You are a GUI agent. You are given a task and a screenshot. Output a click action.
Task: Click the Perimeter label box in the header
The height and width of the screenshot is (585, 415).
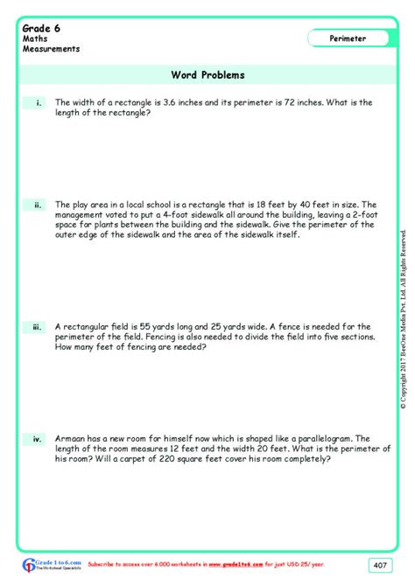click(348, 38)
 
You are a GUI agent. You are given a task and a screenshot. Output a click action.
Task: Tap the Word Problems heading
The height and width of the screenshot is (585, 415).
click(208, 75)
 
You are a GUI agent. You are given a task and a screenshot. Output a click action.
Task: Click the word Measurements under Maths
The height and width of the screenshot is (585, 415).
click(51, 49)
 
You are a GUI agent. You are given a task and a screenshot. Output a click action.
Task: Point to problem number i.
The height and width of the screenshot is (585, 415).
click(39, 103)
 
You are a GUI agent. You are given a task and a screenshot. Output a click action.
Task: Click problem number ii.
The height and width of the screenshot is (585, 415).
click(39, 205)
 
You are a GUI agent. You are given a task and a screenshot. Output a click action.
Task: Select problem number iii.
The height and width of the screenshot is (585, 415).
click(38, 328)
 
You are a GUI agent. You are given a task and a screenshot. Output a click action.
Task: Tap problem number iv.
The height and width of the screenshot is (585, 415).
click(38, 439)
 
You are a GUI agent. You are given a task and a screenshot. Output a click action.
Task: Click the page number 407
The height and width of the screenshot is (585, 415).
click(379, 564)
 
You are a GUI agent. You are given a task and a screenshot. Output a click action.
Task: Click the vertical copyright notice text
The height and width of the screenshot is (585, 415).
click(404, 319)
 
